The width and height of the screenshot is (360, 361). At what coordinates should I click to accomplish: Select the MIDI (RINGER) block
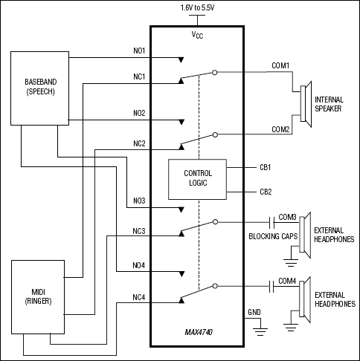click(x=39, y=296)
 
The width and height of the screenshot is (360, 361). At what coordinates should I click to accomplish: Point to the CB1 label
click(x=265, y=167)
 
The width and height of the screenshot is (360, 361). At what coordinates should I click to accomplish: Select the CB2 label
click(x=265, y=191)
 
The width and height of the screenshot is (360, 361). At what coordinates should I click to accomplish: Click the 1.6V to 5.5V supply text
click(x=200, y=7)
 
